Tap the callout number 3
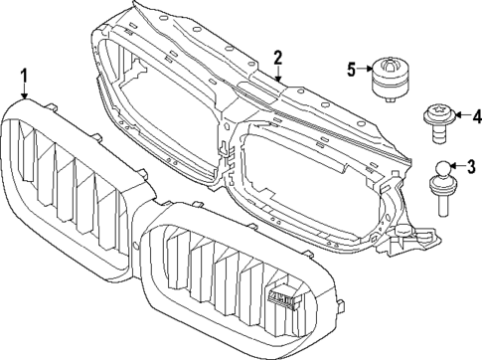click(471, 166)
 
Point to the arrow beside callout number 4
click(455, 114)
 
